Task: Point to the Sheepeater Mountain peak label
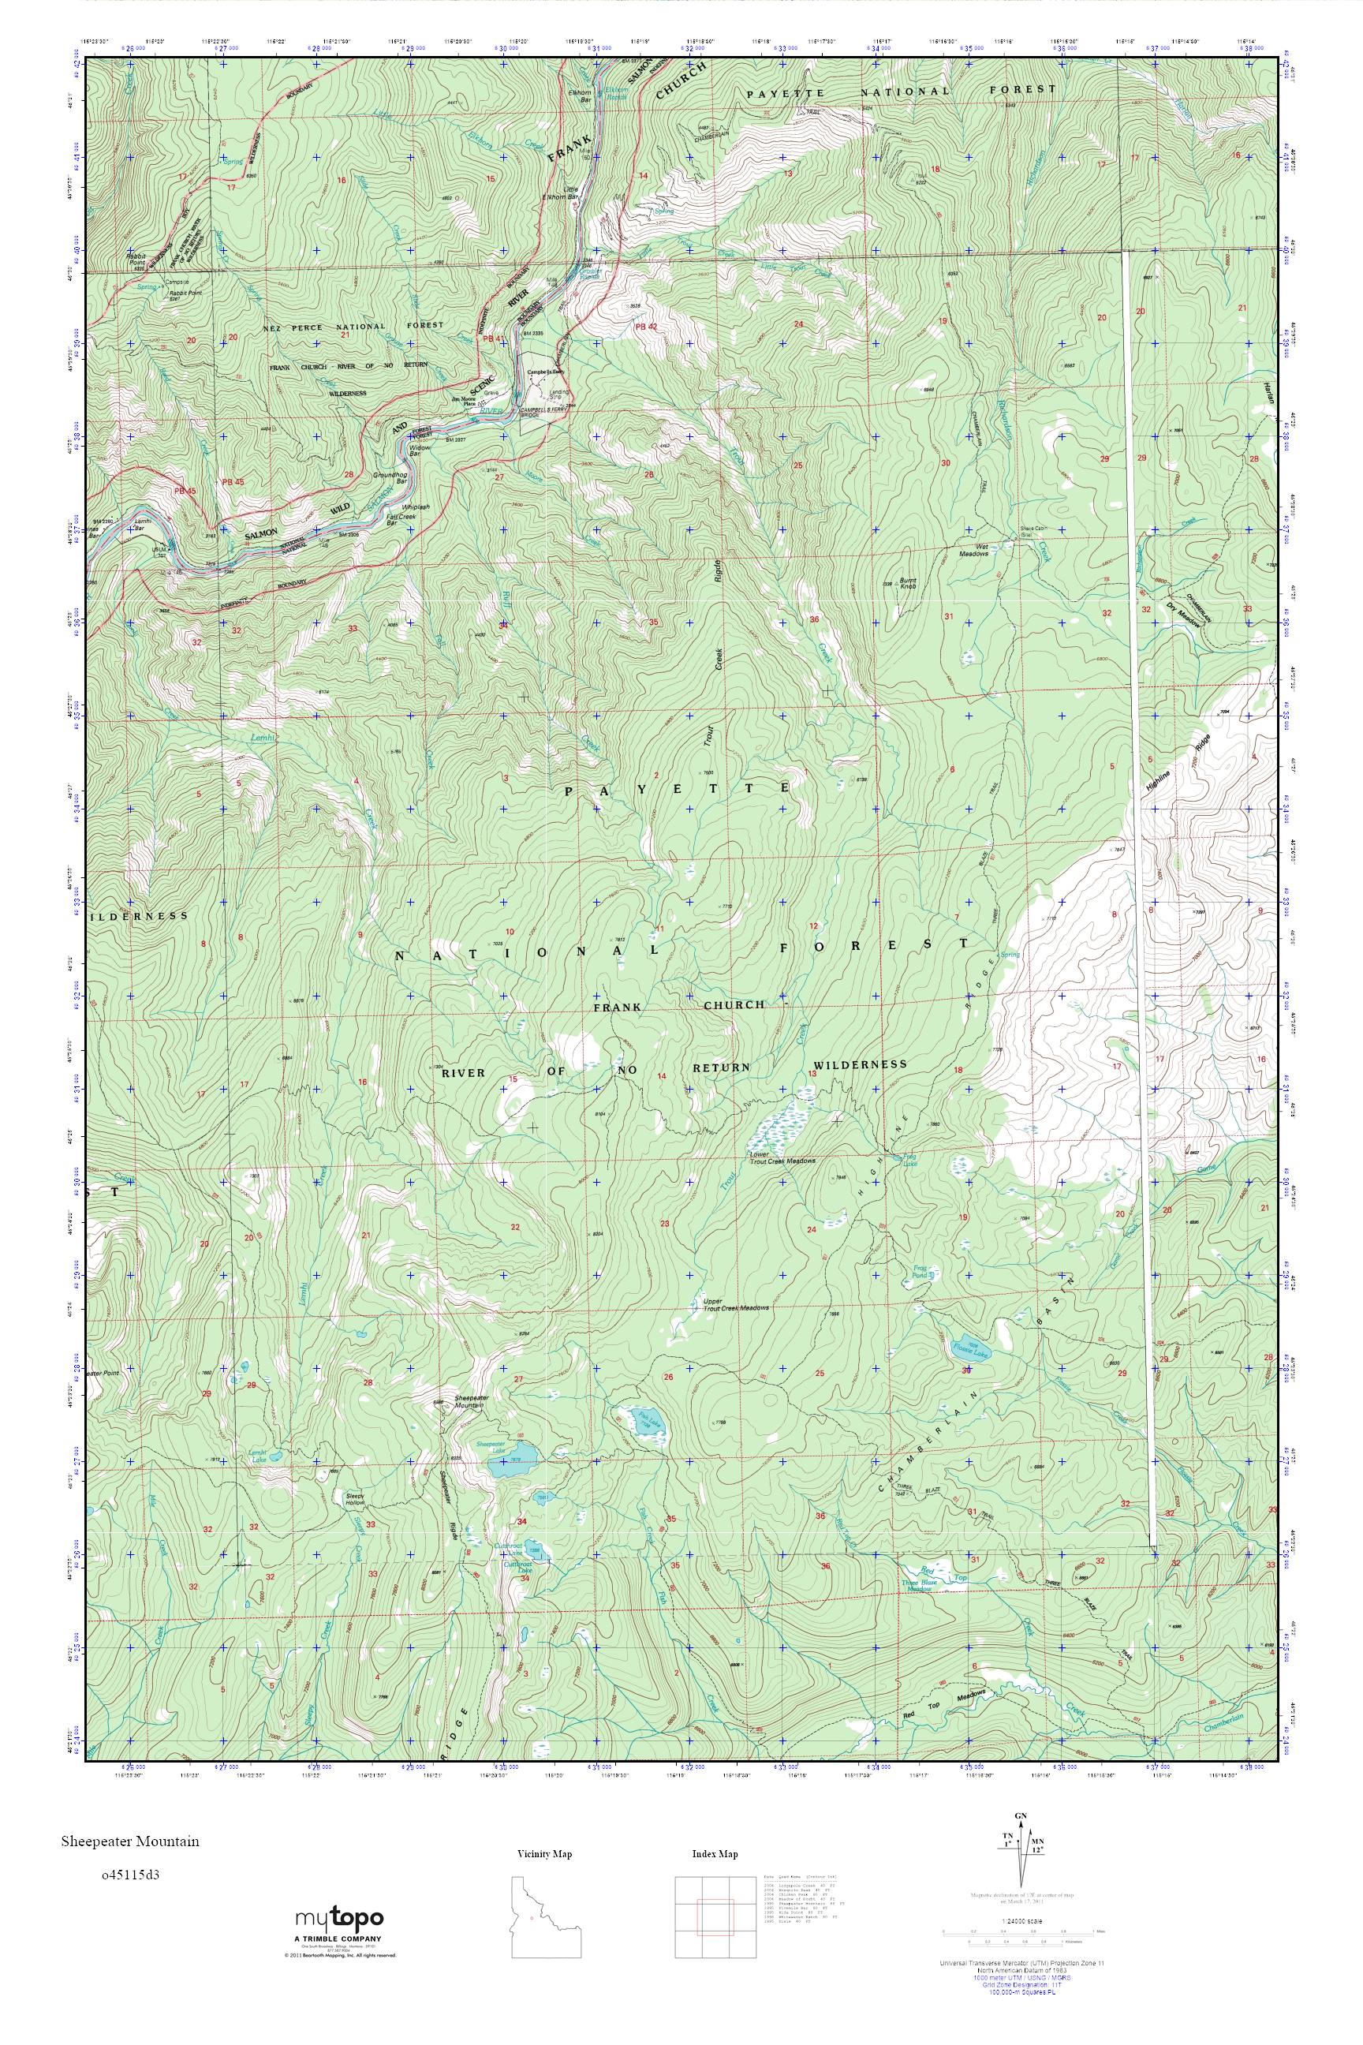[x=470, y=1401]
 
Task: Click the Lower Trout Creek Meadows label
[x=782, y=1159]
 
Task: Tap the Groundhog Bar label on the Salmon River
[x=390, y=477]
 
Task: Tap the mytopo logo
[x=338, y=1923]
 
